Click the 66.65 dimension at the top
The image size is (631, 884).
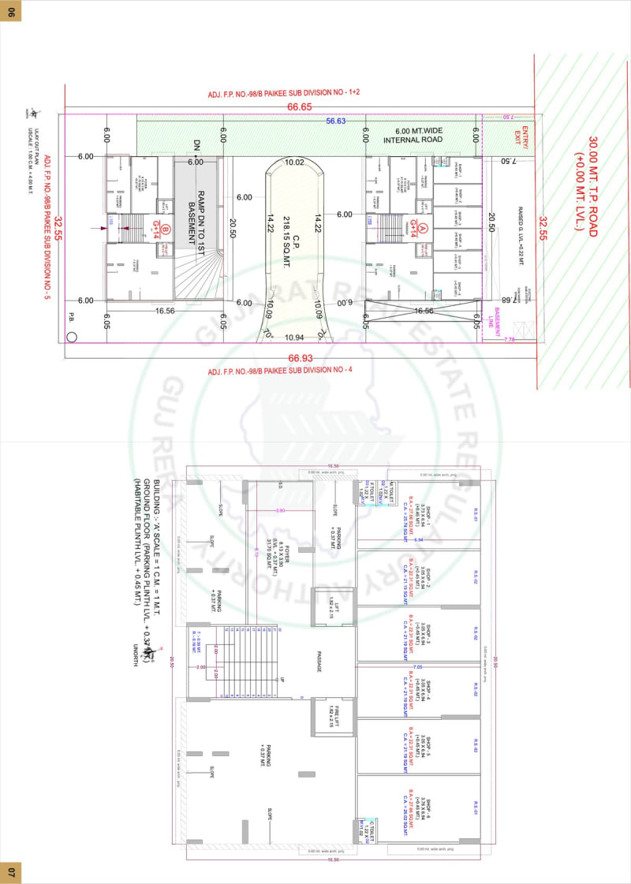(299, 106)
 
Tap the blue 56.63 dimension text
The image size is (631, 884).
(336, 121)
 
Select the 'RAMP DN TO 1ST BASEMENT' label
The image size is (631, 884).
(196, 210)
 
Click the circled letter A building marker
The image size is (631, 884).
(423, 229)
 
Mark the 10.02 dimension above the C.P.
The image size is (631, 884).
(294, 162)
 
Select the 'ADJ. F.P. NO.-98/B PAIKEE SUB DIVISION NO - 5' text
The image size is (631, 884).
(47, 229)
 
